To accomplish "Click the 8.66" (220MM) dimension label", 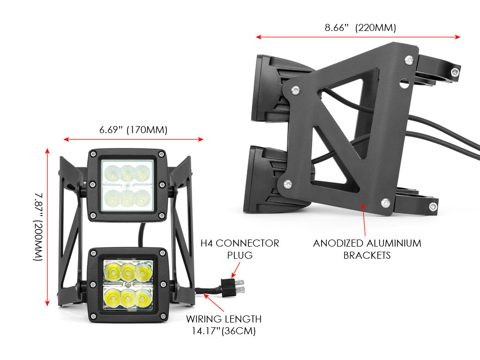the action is click(x=360, y=28).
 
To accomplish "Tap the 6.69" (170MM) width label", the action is click(x=133, y=130).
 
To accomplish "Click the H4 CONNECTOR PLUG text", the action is click(x=240, y=249).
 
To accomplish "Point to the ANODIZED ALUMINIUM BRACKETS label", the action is click(x=367, y=249).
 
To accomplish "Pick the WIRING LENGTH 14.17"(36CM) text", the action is click(x=224, y=325).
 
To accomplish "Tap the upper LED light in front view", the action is click(x=128, y=185).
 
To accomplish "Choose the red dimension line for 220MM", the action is click(x=358, y=37).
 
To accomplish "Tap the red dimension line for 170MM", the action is click(x=133, y=139).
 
